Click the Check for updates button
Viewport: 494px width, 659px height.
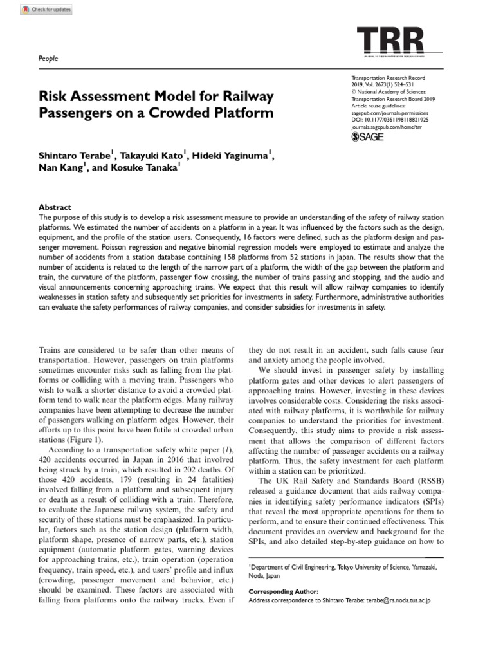(x=47, y=10)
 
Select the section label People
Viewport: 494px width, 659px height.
(x=49, y=59)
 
